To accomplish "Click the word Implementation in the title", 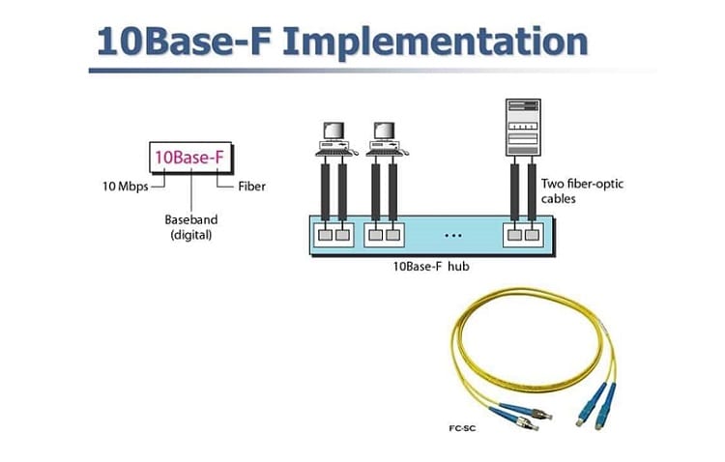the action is [435, 43].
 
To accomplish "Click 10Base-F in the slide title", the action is [184, 42].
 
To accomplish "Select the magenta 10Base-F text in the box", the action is [189, 158].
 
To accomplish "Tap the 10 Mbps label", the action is [126, 187].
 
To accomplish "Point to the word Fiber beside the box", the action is [252, 187].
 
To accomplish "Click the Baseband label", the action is [191, 219].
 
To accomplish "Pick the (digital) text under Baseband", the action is [191, 235].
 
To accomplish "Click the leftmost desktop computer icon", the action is [334, 139].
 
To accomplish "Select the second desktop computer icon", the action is [385, 139].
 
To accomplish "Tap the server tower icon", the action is [523, 128].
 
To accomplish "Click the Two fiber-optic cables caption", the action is [582, 191].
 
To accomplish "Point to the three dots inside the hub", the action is [453, 236].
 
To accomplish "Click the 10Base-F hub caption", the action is [431, 267].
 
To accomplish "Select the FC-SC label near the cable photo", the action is [462, 428].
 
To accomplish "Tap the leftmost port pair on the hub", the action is [333, 235].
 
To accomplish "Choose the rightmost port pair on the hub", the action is [523, 235].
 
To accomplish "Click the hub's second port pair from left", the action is [384, 235].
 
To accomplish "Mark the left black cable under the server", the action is [514, 191].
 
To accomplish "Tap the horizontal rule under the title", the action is [372, 71].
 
